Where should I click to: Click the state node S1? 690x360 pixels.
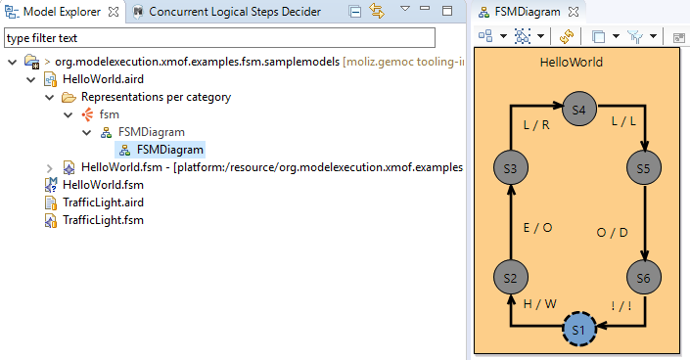coord(577,329)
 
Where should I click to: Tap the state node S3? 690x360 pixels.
coord(510,168)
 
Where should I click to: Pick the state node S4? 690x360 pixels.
coord(578,110)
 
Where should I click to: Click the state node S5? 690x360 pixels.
coord(643,168)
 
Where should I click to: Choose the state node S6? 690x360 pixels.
coord(643,279)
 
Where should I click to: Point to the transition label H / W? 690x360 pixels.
coord(539,303)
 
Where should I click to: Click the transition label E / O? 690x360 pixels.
coord(538,227)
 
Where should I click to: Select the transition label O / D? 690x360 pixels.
coord(613,233)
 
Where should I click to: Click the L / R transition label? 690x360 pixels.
coord(537,125)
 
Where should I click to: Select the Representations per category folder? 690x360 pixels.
coord(156,97)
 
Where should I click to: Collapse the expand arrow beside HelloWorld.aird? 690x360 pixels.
coord(32,79)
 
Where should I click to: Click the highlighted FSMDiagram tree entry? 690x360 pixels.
coord(170,150)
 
